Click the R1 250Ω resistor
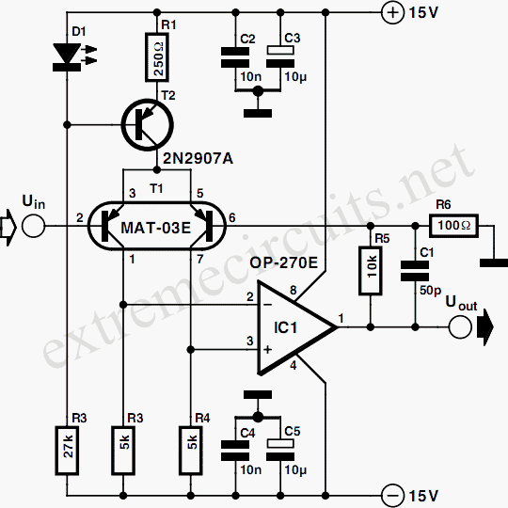pyautogui.click(x=157, y=57)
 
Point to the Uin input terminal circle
pyautogui.click(x=35, y=226)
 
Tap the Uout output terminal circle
pyautogui.click(x=460, y=327)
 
